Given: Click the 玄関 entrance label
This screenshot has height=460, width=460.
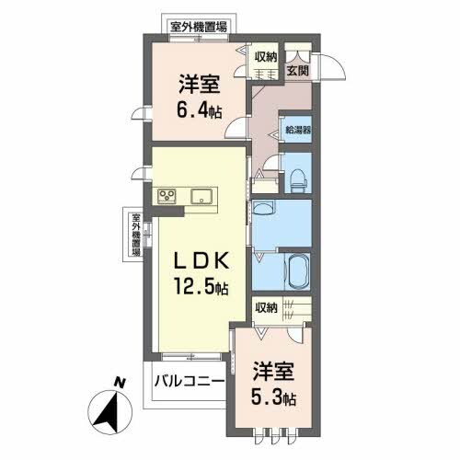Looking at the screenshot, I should [296, 69].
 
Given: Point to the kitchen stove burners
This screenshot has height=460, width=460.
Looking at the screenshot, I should [167, 195].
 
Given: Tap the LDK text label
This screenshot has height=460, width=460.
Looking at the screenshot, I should [197, 260].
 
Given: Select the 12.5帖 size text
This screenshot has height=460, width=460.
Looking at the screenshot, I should [197, 287].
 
